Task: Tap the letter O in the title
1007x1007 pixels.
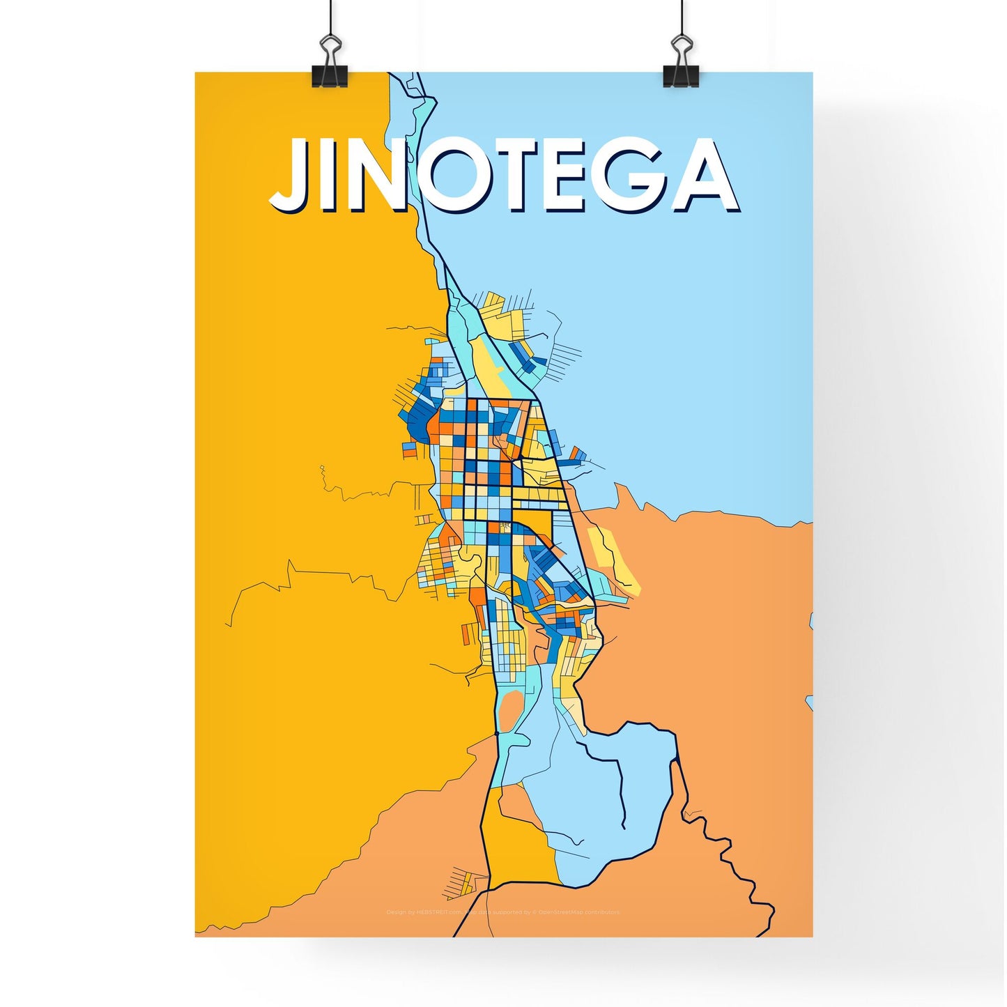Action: [457, 176]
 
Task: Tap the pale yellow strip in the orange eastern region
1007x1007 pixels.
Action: [613, 558]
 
